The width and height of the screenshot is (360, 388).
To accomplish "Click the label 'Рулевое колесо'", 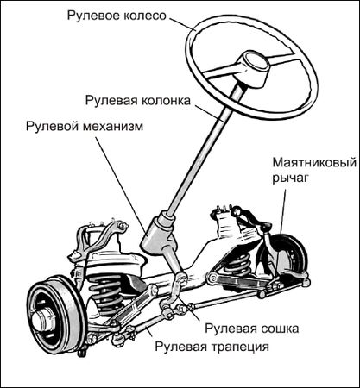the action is [117, 16].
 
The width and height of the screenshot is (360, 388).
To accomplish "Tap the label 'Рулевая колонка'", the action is [138, 101].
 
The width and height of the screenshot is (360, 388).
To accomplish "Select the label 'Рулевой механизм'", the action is [85, 127].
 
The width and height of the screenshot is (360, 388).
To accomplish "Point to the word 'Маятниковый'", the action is [314, 163].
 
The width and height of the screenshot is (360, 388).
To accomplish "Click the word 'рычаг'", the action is [290, 178].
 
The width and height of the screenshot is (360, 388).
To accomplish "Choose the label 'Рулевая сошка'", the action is [251, 329].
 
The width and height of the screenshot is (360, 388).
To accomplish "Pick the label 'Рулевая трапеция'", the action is [212, 347].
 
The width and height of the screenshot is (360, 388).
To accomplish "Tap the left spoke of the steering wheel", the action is [220, 72].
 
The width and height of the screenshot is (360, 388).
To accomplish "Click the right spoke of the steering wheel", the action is [283, 59].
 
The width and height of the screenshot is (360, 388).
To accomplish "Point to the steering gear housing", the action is [158, 235].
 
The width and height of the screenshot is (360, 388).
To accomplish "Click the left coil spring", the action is [106, 291].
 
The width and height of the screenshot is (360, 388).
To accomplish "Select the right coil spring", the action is [237, 264].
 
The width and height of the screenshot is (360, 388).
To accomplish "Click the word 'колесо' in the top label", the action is [145, 16].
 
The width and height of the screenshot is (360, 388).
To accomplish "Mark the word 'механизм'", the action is [113, 127].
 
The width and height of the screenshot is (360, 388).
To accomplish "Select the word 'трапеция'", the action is [240, 347].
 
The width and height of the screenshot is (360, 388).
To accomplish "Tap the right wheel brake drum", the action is [289, 256].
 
